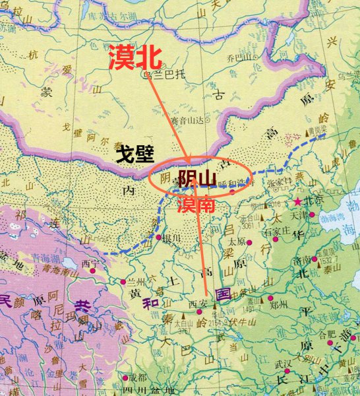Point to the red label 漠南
196,205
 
